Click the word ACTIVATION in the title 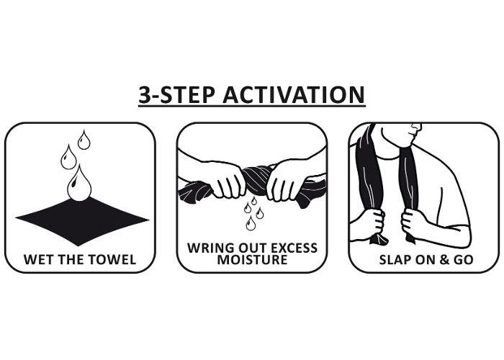click(294, 95)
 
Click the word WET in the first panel click(37, 260)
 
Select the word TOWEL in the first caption click(115, 260)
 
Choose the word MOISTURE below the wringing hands click(252, 260)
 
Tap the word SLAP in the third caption click(395, 260)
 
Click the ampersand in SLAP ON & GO click(444, 260)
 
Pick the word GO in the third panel click(463, 260)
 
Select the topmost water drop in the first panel click(84, 140)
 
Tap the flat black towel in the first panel click(82, 222)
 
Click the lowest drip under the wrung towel click(251, 223)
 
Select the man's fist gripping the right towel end click(412, 222)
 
